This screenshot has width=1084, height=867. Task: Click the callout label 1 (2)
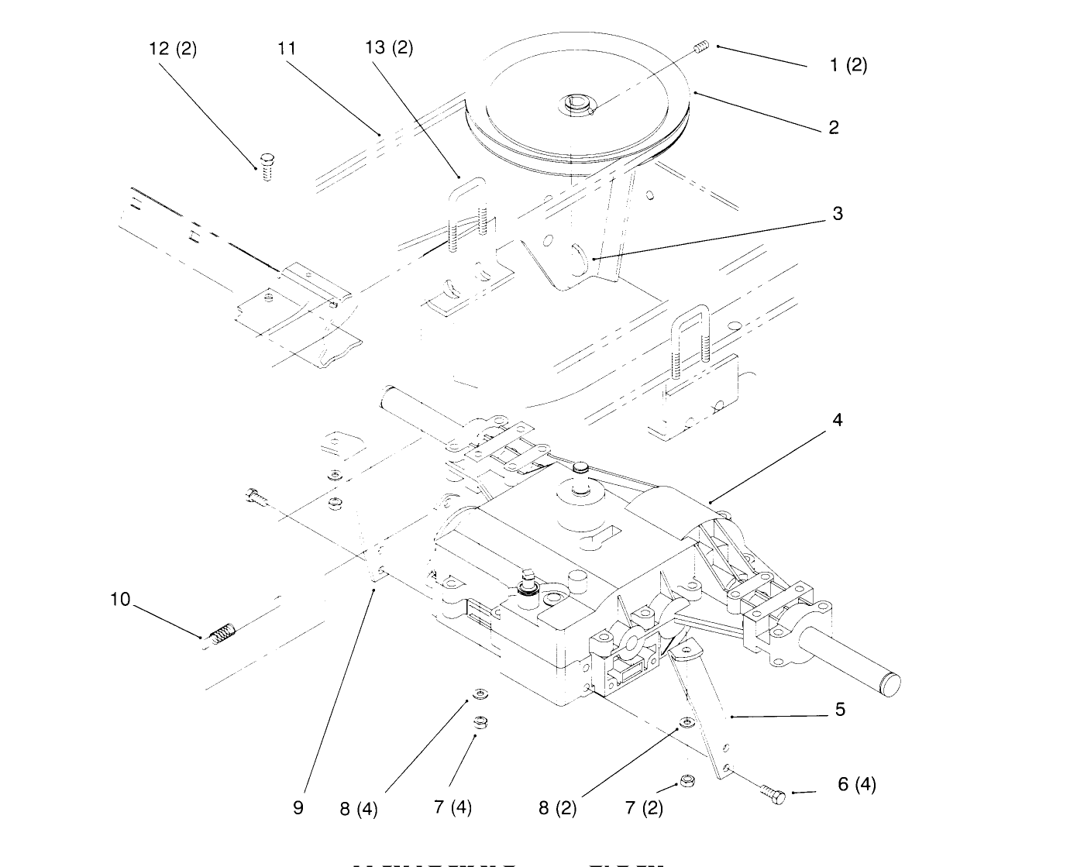click(848, 65)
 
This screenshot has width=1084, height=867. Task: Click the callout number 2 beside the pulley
click(834, 128)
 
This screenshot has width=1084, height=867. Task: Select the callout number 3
click(837, 214)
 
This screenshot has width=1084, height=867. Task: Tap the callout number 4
click(837, 420)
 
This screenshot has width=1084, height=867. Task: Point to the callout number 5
click(840, 709)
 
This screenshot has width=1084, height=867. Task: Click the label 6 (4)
click(856, 784)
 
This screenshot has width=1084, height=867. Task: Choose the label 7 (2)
click(644, 808)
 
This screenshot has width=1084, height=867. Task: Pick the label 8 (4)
click(359, 809)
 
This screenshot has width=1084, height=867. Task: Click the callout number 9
click(298, 807)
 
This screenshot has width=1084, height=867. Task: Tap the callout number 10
click(120, 600)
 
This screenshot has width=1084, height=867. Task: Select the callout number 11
click(287, 48)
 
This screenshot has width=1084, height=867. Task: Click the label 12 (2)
click(173, 49)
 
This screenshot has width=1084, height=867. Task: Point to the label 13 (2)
click(389, 48)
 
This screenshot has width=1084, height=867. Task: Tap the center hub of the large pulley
click(577, 103)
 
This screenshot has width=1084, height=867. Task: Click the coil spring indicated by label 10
click(222, 632)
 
